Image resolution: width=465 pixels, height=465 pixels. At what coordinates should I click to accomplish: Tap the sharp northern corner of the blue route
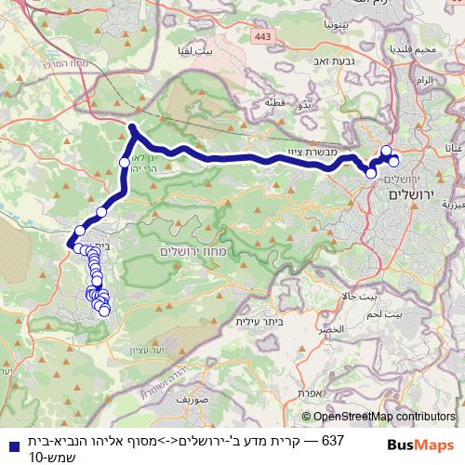pos(132,126)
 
